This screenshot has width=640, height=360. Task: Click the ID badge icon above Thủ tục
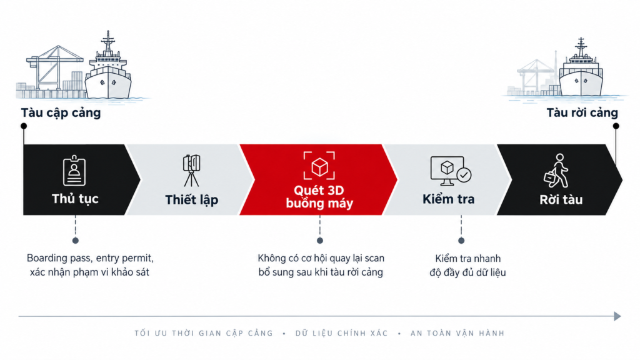74,170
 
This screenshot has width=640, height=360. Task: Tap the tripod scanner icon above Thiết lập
191,170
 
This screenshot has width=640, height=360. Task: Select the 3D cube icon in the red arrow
319,166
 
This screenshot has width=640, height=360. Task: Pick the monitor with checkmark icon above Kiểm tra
451,171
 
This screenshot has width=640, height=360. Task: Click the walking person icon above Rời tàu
556,171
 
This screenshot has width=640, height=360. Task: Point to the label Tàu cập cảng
61,113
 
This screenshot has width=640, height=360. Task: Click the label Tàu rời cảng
582,113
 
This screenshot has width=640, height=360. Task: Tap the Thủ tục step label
75,199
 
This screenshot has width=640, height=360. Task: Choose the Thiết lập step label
191,200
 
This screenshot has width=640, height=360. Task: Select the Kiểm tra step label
448,199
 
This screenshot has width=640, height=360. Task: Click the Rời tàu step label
561,199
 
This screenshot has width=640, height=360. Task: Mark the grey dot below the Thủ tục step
75,241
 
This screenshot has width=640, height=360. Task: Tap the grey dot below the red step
320,241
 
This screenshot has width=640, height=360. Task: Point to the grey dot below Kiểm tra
461,241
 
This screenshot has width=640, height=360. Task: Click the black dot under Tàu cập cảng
24,126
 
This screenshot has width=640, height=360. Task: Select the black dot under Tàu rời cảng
616,126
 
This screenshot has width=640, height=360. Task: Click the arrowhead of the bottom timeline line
617,316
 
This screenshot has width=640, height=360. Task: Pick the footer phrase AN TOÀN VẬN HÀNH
457,334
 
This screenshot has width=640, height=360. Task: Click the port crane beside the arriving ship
55,67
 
